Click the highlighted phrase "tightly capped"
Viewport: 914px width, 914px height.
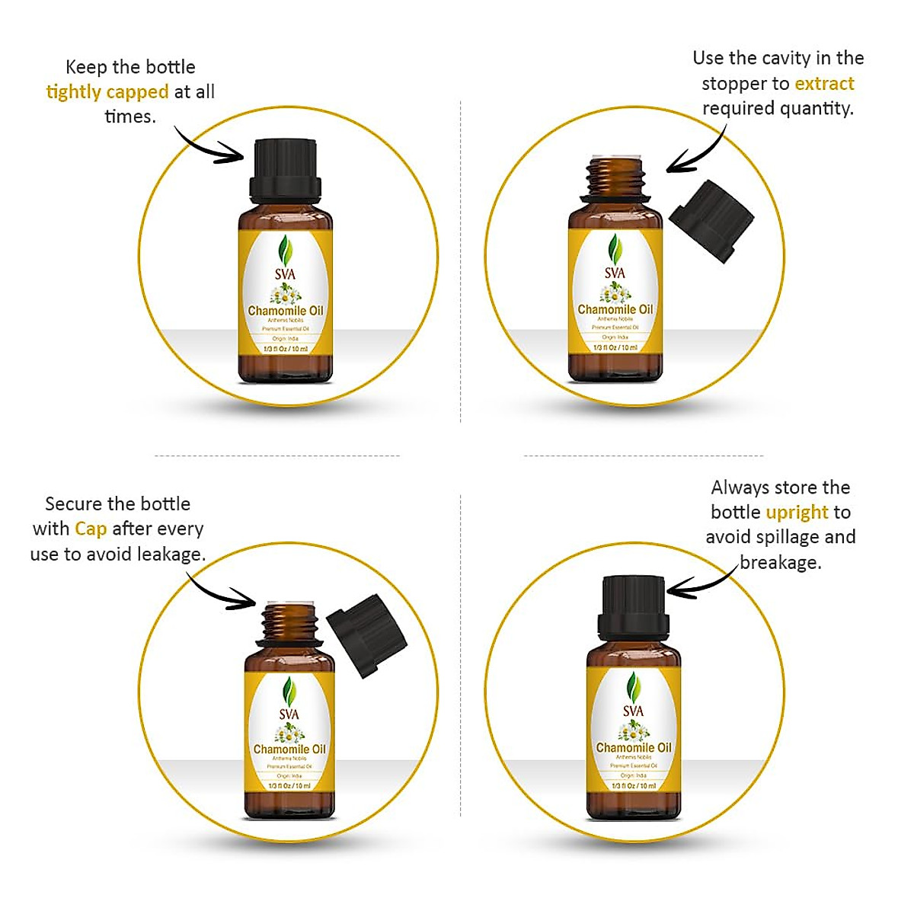point(107,92)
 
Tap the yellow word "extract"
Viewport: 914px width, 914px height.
point(824,84)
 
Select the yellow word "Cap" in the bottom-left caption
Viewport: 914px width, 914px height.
point(91,529)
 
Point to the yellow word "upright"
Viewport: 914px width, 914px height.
point(797,512)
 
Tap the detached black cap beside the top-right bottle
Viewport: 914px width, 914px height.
point(711,221)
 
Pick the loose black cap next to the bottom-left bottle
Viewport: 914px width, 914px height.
point(366,634)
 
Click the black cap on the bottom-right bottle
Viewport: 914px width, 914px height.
point(633,609)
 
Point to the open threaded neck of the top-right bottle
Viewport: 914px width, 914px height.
point(615,175)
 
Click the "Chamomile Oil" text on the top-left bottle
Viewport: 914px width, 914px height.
point(286,311)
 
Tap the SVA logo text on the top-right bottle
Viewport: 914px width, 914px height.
point(615,273)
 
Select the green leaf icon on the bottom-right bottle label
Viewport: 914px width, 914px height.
point(632,687)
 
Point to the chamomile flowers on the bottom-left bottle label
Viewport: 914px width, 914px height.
point(289,734)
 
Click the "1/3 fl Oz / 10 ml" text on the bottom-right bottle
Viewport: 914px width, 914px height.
point(633,785)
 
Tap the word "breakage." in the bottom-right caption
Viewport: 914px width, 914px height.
point(781,563)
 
